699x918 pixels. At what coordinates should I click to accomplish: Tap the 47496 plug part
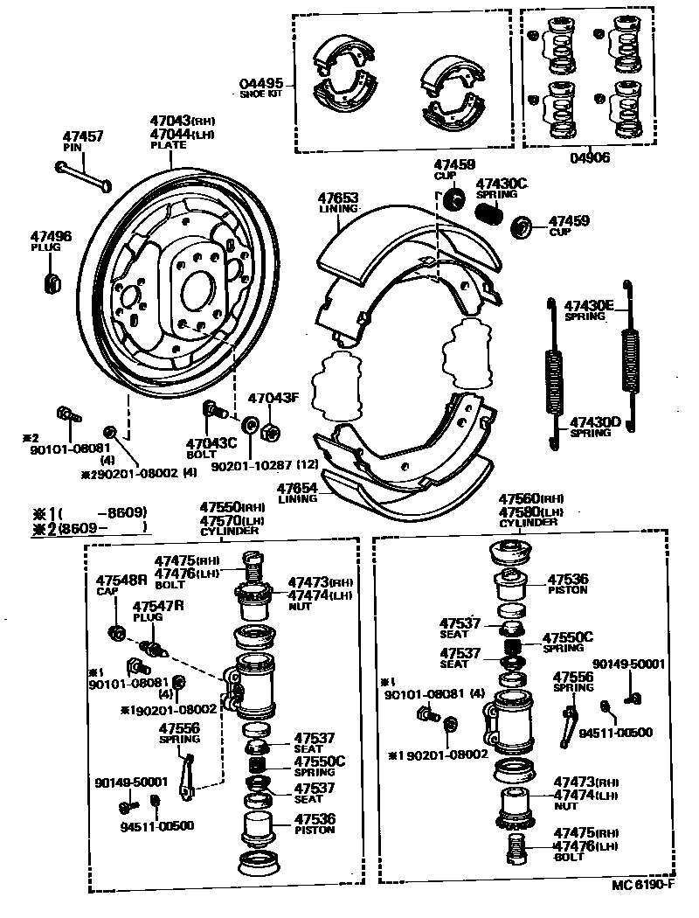point(52,282)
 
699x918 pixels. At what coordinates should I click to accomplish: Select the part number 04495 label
point(261,85)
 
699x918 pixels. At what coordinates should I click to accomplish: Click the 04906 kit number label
point(591,158)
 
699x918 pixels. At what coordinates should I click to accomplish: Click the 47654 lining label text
point(298,490)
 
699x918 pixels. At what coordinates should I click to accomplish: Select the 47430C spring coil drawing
point(489,212)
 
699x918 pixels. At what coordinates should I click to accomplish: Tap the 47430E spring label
point(590,306)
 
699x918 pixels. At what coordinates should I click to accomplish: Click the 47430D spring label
point(596,422)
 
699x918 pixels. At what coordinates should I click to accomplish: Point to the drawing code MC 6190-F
point(644,886)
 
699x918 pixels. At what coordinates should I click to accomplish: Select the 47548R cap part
point(114,631)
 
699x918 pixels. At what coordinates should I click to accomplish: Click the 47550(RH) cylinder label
point(232,507)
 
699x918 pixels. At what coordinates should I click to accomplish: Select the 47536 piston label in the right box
point(568,579)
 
